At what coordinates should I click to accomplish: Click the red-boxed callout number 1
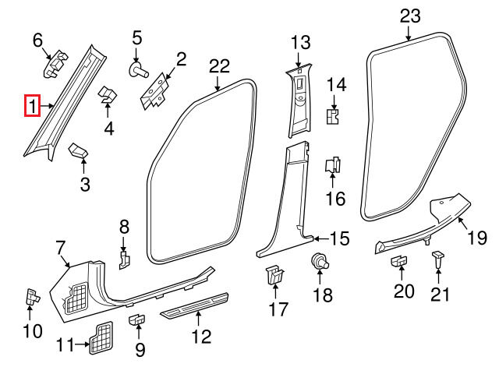[32, 104]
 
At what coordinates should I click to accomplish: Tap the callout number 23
[409, 15]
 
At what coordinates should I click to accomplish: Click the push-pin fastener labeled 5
[140, 70]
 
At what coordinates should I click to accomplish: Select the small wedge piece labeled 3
[80, 150]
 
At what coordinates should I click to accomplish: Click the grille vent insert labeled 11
[99, 335]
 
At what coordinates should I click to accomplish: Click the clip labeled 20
[398, 263]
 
